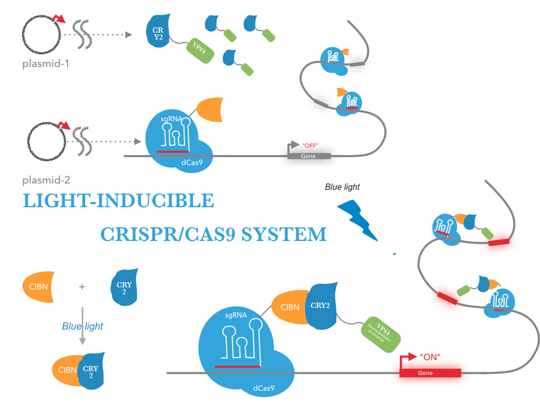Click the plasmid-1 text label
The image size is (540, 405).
point(46,64)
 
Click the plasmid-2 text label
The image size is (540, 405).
point(46,180)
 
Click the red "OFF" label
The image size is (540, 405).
point(311,144)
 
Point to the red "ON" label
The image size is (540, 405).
point(430,357)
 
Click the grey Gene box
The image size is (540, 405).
point(308,156)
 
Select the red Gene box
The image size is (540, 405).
point(430,373)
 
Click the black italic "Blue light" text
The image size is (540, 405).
point(342,187)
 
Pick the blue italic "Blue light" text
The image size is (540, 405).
point(82,326)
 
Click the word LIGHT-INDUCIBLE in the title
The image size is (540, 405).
point(119,201)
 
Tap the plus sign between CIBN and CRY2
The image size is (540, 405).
point(82,287)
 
